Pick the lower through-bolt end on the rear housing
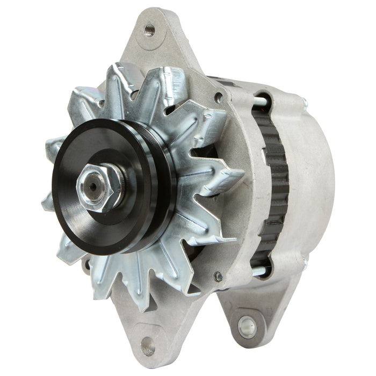pos(304,264)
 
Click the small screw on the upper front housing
pos(219,98)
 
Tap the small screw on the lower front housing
pos(218,277)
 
